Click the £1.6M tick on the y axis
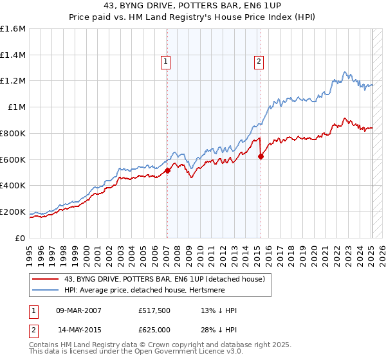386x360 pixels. tap(13, 29)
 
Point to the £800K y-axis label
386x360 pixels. tap(13, 134)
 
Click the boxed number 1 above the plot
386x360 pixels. tap(165, 62)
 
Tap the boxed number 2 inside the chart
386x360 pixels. tap(259, 62)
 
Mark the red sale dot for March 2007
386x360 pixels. tap(167, 170)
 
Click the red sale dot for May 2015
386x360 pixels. tap(261, 156)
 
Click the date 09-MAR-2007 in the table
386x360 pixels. tap(79, 310)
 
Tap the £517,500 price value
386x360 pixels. tap(153, 310)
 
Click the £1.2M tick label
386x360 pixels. tap(13, 81)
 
